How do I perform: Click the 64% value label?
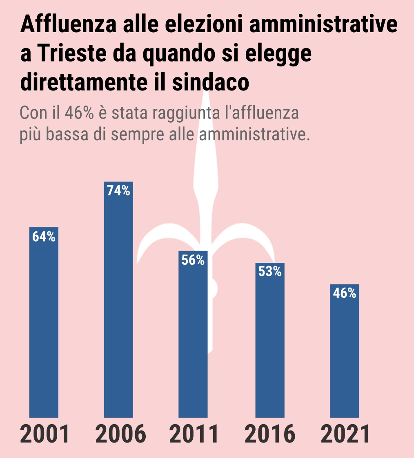click(x=44, y=237)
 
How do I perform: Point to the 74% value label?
click(x=118, y=191)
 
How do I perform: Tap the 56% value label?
click(x=193, y=260)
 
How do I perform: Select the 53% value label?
click(x=270, y=272)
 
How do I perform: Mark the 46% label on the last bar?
click(x=344, y=293)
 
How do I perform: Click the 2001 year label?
click(x=45, y=435)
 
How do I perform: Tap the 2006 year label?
click(x=120, y=435)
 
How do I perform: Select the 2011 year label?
click(x=194, y=435)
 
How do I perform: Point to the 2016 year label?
click(x=270, y=435)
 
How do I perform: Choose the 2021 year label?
click(x=345, y=435)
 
